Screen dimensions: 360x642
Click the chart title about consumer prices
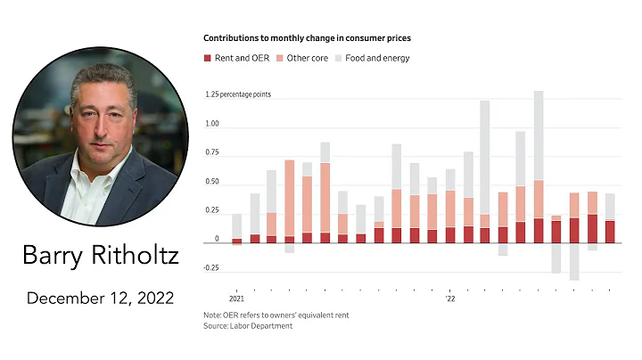(x=307, y=38)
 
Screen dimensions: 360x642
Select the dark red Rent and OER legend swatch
(x=208, y=58)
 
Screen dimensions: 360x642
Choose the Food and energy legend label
(x=372, y=58)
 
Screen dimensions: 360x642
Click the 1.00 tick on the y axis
(x=211, y=125)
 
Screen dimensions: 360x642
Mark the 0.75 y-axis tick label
(x=211, y=153)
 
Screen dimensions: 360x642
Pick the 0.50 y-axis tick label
(x=211, y=182)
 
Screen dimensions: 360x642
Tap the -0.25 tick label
(x=211, y=267)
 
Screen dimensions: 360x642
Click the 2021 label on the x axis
(x=236, y=299)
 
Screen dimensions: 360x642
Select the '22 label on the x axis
(x=449, y=299)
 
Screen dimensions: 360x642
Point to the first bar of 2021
(x=236, y=228)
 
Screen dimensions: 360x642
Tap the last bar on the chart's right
(x=610, y=218)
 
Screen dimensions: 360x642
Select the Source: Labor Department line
(x=248, y=326)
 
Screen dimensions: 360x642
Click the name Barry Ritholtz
(x=101, y=257)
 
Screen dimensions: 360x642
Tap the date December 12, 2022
(x=101, y=298)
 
